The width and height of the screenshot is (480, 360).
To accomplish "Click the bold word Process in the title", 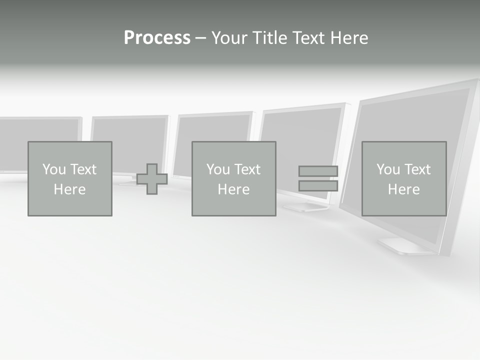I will pyautogui.click(x=157, y=38).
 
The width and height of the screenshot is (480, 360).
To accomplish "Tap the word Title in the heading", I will pyautogui.click(x=270, y=38).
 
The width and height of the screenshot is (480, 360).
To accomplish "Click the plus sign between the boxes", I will pyautogui.click(x=152, y=179).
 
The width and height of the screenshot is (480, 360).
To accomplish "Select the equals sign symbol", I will pyautogui.click(x=318, y=178).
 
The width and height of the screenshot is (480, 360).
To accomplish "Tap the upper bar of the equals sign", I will pyautogui.click(x=318, y=171).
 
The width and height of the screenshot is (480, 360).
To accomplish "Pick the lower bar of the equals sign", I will pyautogui.click(x=318, y=186).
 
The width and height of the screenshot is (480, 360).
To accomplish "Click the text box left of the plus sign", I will pyautogui.click(x=70, y=178).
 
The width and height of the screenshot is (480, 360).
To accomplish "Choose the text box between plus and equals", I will pyautogui.click(x=233, y=178).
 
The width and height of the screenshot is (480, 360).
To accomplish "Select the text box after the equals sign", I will pyautogui.click(x=404, y=178).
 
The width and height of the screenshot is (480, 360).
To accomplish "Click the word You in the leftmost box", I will pyautogui.click(x=54, y=169).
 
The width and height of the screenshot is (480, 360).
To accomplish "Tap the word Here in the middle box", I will pyautogui.click(x=233, y=189).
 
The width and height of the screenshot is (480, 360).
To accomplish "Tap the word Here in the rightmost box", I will pyautogui.click(x=404, y=189).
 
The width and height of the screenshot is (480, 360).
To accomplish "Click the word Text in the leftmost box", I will pyautogui.click(x=83, y=169).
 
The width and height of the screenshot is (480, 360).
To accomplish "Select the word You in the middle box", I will pyautogui.click(x=218, y=169).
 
